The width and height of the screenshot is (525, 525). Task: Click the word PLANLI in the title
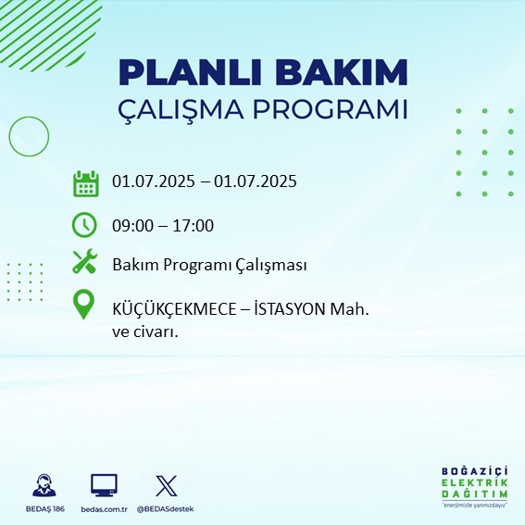[190, 72]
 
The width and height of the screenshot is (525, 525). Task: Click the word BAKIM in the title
[342, 72]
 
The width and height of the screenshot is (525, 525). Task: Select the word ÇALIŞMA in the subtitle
[181, 110]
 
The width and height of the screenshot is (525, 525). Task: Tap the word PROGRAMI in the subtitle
[331, 109]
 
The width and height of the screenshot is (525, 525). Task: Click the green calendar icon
[86, 183]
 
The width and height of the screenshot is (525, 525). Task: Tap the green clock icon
[84, 225]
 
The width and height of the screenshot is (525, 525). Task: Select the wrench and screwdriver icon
[85, 261]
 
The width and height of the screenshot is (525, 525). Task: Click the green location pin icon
[83, 304]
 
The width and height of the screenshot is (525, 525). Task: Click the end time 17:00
[193, 225]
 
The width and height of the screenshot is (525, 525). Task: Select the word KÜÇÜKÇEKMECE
[174, 308]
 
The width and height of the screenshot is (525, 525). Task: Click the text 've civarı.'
[145, 332]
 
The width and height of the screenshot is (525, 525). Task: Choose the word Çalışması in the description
[271, 265]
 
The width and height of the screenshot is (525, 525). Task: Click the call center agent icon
[44, 485]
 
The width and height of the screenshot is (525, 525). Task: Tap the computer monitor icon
[104, 485]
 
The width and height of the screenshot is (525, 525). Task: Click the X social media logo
[166, 485]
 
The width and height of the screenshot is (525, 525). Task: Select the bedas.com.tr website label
[104, 509]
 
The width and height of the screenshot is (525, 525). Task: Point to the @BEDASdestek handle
[165, 509]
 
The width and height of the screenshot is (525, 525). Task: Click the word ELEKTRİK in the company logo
[474, 482]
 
